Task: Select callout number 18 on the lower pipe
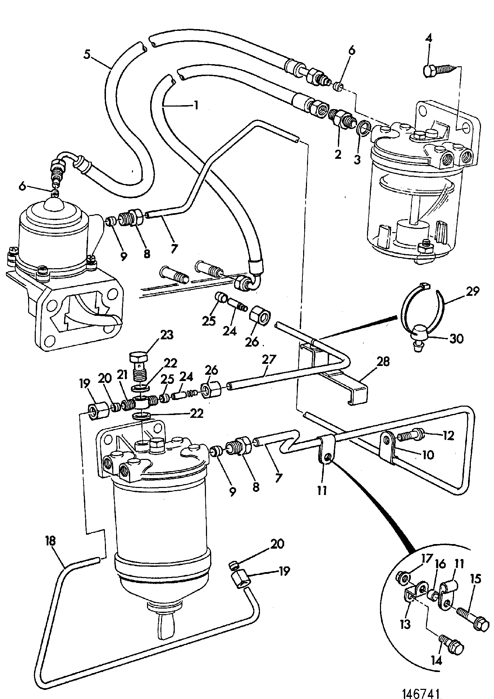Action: (50, 541)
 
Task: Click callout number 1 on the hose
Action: (196, 105)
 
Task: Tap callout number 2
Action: (338, 154)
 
